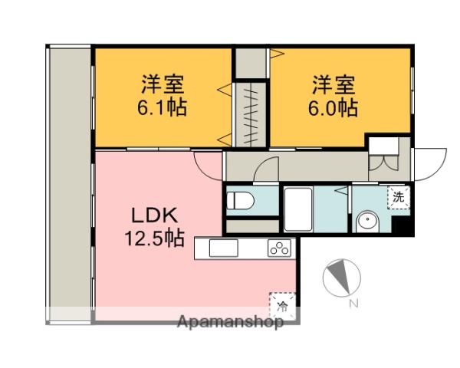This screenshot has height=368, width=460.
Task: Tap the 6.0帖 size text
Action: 333,107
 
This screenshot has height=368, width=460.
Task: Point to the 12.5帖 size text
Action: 154,238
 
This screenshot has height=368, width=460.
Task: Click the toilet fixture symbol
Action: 241,201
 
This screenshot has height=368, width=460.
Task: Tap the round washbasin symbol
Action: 366,222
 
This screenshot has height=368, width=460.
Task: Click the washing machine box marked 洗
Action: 399,195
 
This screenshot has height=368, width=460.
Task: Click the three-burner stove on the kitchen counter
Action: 279,248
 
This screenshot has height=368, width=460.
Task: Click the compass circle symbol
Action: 340,278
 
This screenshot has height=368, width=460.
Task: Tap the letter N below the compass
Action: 353,304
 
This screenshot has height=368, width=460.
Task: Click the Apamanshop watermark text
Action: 230,321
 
